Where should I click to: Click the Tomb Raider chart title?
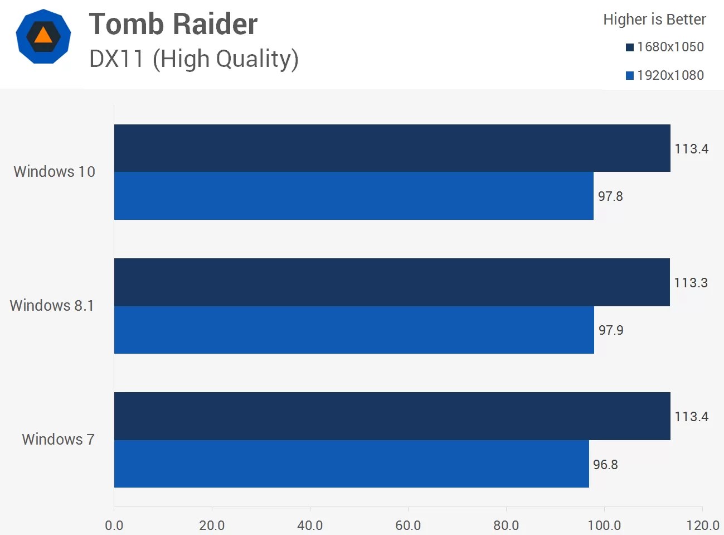(x=173, y=25)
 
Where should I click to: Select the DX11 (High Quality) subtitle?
(x=193, y=59)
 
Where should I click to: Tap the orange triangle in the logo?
(x=43, y=36)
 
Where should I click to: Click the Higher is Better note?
(x=654, y=20)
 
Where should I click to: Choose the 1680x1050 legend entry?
(x=665, y=47)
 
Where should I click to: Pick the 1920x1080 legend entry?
(x=665, y=75)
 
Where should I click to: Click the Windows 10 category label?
(x=54, y=172)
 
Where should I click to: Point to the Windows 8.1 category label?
(x=52, y=306)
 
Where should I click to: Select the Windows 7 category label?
(x=58, y=440)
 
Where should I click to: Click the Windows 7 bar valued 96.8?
(x=351, y=464)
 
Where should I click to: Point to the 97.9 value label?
(x=611, y=330)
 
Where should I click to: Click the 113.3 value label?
(x=691, y=283)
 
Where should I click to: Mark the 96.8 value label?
(x=605, y=465)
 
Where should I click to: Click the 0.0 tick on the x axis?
(x=114, y=525)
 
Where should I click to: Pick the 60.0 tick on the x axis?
(x=408, y=525)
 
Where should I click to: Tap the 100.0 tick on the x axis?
(x=604, y=525)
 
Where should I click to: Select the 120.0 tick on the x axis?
(x=702, y=525)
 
